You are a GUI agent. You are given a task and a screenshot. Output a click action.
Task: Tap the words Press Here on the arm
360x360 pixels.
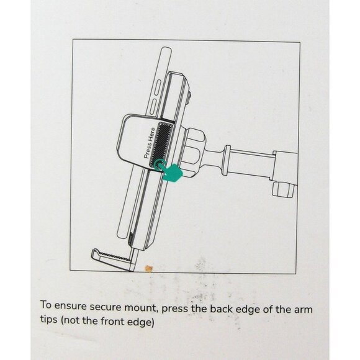150,143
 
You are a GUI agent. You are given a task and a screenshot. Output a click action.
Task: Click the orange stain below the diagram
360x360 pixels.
148,268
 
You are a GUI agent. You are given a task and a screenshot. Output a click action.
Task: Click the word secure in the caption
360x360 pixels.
106,307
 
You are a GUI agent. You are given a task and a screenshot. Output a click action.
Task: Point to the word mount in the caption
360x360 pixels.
142,308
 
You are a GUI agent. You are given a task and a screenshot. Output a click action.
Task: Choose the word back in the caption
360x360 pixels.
222,309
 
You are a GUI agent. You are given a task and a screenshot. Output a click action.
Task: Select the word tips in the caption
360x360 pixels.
48,319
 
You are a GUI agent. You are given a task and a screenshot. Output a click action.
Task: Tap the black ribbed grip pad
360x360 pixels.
161,144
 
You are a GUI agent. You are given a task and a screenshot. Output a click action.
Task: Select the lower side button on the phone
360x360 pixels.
153,106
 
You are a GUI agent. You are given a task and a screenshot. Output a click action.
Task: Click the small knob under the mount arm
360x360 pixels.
283,189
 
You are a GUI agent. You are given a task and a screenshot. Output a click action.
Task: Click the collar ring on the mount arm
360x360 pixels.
226,160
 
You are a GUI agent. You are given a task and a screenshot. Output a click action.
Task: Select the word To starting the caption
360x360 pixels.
46,305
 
